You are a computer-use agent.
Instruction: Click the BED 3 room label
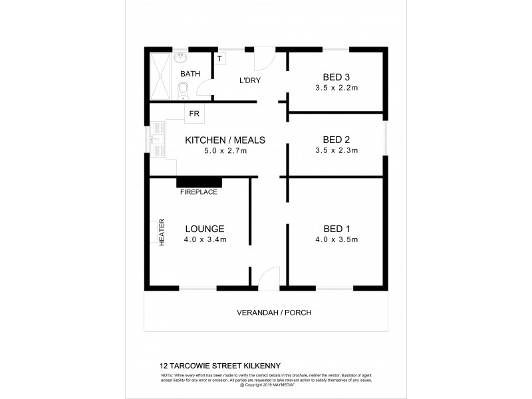[x=336, y=77]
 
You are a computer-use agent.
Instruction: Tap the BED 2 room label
[x=336, y=140]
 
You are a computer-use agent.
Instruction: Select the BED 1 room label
[x=336, y=228]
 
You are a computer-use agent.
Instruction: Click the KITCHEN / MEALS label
[x=225, y=140]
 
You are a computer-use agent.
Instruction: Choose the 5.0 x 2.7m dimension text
[x=225, y=151]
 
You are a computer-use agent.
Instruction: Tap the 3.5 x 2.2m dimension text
[x=336, y=88]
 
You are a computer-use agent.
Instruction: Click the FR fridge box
[x=194, y=114]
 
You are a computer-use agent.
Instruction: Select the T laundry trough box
[x=219, y=58]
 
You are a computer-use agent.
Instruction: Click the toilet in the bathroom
[x=183, y=90]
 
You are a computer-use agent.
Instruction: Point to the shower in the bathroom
[x=160, y=75]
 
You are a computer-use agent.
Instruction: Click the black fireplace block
[x=199, y=182]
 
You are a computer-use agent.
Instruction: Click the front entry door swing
[x=269, y=277]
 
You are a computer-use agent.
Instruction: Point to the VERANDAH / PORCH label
[x=274, y=313]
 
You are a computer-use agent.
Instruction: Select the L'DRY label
[x=249, y=80]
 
